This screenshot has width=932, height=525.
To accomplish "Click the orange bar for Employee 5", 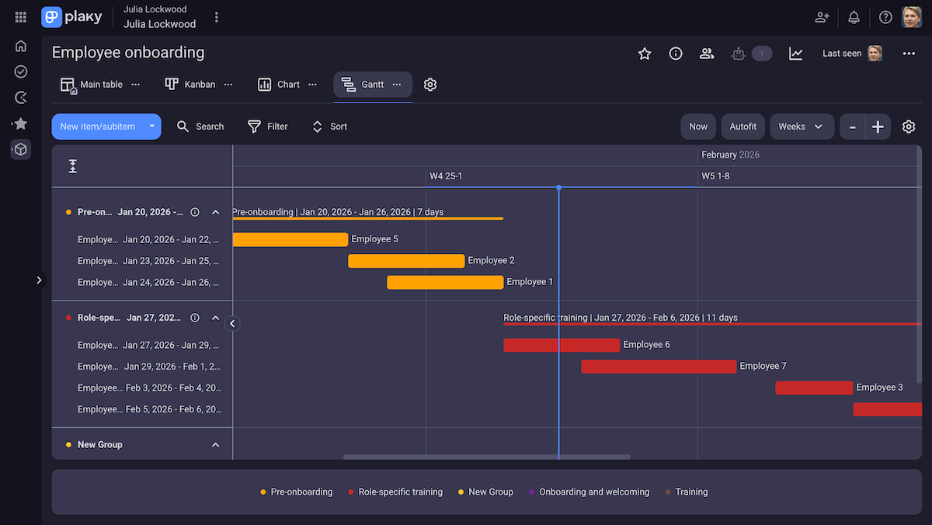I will coord(290,239).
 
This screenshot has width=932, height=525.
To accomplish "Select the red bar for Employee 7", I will coord(659,367).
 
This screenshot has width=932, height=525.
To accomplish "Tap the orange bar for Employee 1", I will coord(445,283).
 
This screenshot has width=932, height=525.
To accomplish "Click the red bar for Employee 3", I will coord(814,388).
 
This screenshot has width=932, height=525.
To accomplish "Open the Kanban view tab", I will coord(191,85).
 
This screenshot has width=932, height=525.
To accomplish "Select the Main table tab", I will coord(92,85).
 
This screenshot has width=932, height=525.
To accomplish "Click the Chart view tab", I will coord(280,85).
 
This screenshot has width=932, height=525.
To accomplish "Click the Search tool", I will coord(200,127).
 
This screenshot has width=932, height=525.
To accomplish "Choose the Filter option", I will coord(267,127).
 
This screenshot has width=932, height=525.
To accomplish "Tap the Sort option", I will coord(329,127).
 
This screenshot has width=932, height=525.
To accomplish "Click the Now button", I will coord(698,127).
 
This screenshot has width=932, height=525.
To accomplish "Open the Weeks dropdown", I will coord(802,127).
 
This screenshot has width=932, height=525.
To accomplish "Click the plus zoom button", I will coord(878,127).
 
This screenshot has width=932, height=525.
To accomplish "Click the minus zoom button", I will coord(853,127).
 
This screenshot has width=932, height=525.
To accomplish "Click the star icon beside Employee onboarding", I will coord(645,54).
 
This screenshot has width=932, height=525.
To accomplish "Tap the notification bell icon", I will coord(854,17).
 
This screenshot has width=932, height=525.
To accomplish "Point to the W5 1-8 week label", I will coord(715,176).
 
